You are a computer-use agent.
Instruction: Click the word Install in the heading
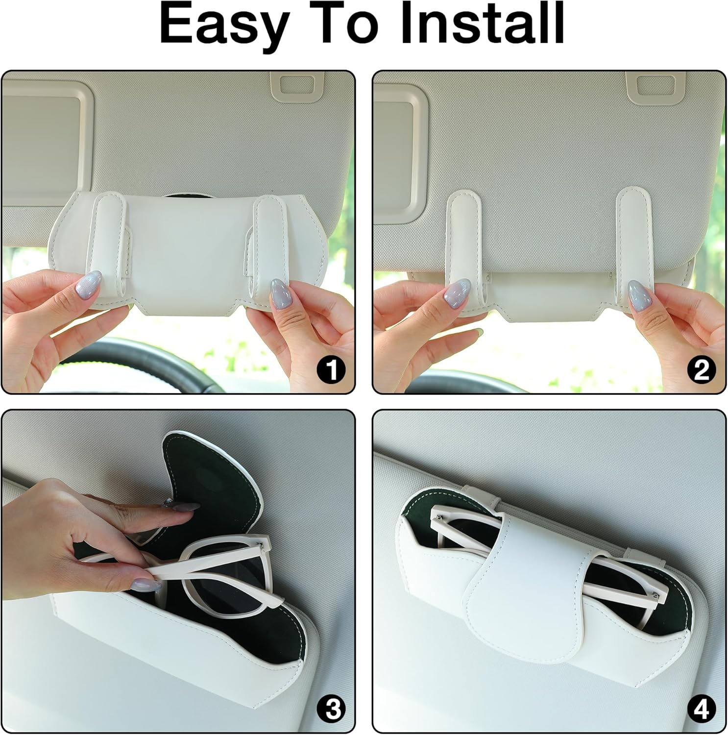click(x=482, y=23)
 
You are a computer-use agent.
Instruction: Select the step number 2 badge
click(x=702, y=369)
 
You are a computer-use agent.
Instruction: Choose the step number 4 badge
click(x=702, y=709)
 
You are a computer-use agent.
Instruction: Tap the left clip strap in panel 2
click(x=464, y=245)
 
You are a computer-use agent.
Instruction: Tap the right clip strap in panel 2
click(x=633, y=245)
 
